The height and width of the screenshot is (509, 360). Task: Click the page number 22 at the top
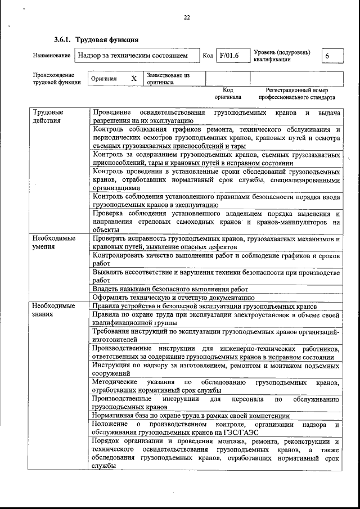point(187,17)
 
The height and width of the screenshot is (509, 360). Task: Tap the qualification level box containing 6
point(327,56)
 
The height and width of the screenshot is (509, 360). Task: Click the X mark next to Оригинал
point(134,79)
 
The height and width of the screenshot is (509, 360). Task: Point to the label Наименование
point(51,56)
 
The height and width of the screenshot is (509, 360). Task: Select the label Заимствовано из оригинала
point(168,78)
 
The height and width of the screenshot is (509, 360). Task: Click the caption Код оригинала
point(227,93)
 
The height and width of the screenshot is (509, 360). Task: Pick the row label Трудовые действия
point(47,116)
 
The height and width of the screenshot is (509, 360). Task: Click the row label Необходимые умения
point(53,242)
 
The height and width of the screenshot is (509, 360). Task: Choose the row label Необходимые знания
point(53,310)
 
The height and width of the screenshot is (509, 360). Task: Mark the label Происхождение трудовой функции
point(53,78)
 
